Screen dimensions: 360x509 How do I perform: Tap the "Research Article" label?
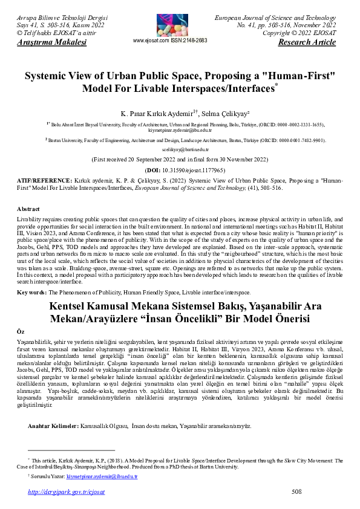307,43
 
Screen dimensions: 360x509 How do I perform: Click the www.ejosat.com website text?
152,41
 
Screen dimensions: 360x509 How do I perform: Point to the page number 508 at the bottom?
296,492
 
